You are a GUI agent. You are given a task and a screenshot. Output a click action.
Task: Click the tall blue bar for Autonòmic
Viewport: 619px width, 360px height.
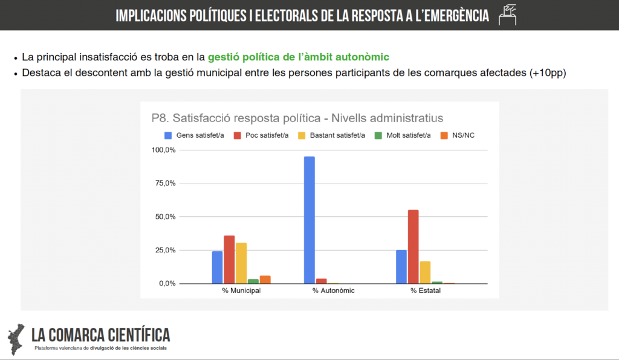click(x=309, y=220)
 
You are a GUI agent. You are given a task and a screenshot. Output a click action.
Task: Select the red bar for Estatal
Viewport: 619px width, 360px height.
click(x=413, y=246)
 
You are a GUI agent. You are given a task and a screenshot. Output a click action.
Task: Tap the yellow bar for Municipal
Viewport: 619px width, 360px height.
click(x=241, y=263)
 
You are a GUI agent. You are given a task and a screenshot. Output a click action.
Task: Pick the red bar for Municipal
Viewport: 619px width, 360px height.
click(x=229, y=259)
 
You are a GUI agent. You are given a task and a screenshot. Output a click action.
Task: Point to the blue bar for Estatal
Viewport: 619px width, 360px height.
click(x=401, y=266)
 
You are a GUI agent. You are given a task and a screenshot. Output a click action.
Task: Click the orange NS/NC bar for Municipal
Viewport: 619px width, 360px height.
click(x=265, y=280)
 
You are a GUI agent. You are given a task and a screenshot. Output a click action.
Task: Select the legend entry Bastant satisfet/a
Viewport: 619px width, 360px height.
click(x=332, y=135)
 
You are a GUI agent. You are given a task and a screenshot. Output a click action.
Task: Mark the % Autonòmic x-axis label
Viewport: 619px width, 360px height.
click(x=333, y=291)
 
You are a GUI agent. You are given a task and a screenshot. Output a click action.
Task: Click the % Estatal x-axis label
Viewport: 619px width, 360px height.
click(x=426, y=291)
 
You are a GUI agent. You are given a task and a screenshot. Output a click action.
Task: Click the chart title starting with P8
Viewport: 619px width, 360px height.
click(x=297, y=117)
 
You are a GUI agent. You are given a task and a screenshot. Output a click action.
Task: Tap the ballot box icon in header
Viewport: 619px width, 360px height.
click(x=508, y=14)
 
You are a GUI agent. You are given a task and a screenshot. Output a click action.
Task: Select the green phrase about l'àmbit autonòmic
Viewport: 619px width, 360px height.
click(x=299, y=57)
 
